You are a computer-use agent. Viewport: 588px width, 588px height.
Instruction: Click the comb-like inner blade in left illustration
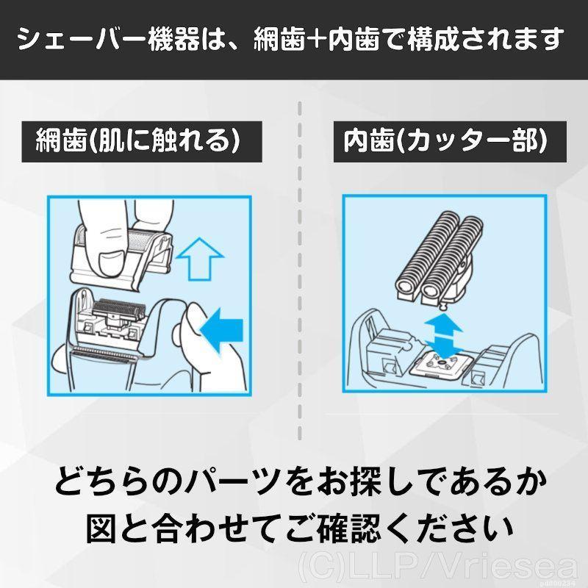[118, 309]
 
